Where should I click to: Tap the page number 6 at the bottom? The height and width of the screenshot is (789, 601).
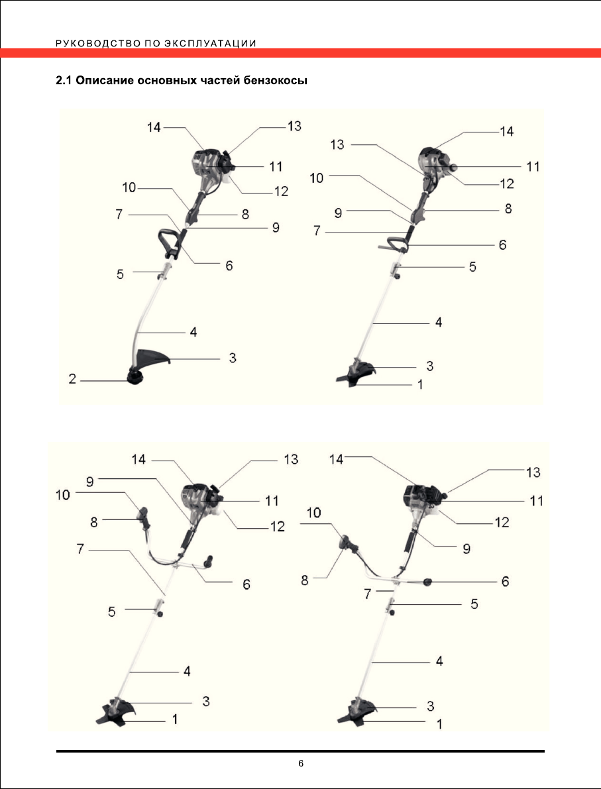click(300, 764)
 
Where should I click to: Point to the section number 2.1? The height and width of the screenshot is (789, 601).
click(64, 82)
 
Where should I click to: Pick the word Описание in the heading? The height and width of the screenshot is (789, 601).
click(104, 82)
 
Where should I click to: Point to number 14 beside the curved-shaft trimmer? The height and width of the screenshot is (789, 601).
click(154, 127)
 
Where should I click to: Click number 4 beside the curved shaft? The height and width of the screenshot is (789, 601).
click(193, 331)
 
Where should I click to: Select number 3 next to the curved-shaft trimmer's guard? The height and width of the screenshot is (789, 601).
click(233, 358)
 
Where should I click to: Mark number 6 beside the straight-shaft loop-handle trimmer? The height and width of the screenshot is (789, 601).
click(502, 244)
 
